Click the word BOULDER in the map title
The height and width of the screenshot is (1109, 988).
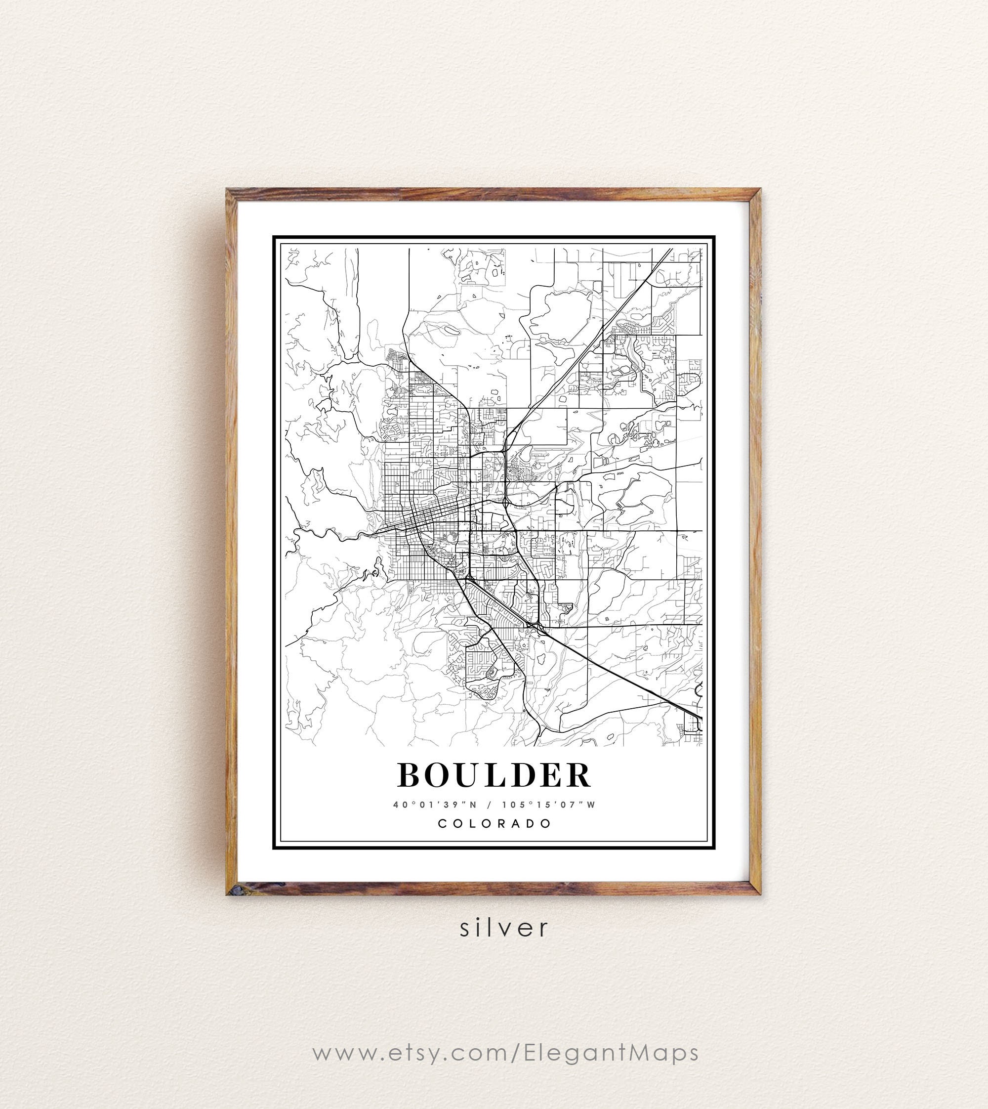[x=494, y=775]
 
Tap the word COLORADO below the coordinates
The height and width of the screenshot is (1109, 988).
[x=494, y=823]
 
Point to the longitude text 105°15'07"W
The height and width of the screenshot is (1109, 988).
[x=549, y=805]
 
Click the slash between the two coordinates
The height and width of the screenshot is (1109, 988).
[x=490, y=805]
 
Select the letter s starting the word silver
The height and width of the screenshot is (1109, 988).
[x=465, y=928]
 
